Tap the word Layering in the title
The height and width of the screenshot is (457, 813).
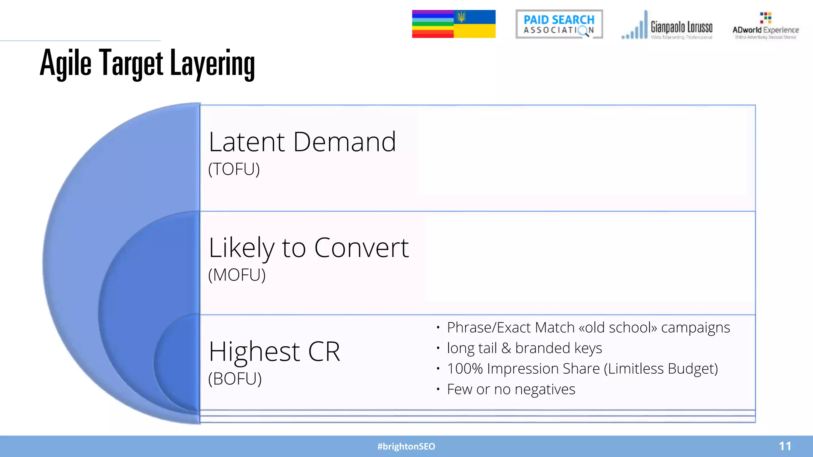click(212, 63)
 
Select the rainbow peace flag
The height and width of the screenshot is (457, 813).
click(433, 24)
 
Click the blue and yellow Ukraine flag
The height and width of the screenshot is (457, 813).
click(475, 24)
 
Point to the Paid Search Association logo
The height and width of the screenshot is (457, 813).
click(559, 24)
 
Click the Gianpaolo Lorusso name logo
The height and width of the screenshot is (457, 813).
click(681, 27)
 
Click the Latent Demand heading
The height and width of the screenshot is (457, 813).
click(302, 142)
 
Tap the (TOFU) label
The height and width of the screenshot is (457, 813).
click(234, 169)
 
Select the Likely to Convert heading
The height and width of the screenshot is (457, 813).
click(308, 248)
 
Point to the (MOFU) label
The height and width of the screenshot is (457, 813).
click(237, 275)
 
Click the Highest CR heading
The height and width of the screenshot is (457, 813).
click(274, 351)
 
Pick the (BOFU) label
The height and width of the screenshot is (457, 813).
click(235, 379)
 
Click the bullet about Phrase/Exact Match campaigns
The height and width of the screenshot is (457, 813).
click(588, 328)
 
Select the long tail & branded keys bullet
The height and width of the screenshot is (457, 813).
click(524, 348)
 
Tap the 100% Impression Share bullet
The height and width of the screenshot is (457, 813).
click(582, 369)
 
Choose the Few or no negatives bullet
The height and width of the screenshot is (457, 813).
click(511, 390)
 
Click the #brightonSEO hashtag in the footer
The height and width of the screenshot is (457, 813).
click(406, 447)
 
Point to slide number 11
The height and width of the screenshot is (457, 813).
click(785, 446)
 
